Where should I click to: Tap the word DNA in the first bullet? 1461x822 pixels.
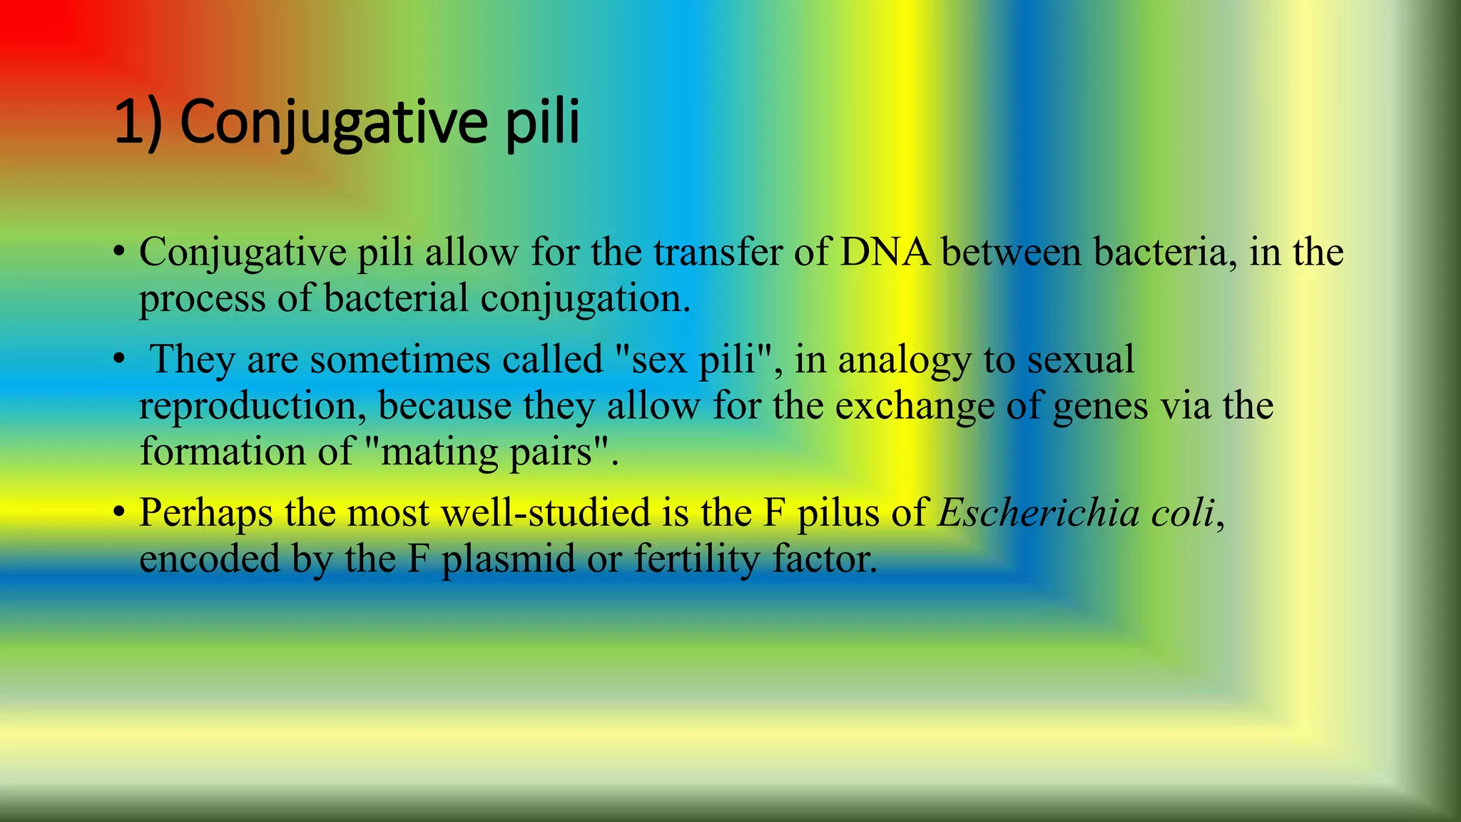[885, 252]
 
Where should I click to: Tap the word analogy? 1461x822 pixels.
[904, 360]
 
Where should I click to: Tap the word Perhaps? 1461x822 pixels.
[205, 513]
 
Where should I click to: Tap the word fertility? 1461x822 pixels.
[697, 559]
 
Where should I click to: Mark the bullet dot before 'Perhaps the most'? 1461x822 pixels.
[119, 513]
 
